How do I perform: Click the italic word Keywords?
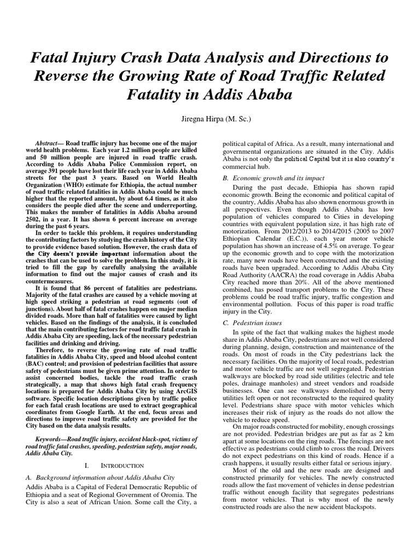click(x=51, y=440)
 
